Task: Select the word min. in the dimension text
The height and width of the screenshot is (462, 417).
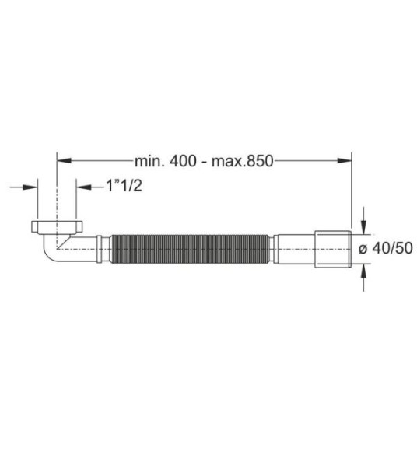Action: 149,162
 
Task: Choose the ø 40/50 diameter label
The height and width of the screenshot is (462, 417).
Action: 384,248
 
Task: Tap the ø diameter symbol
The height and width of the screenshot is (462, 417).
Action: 363,249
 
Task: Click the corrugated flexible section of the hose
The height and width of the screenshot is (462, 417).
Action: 191,248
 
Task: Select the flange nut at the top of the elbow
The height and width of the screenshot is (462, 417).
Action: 57,229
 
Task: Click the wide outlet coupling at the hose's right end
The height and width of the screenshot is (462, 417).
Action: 334,248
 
